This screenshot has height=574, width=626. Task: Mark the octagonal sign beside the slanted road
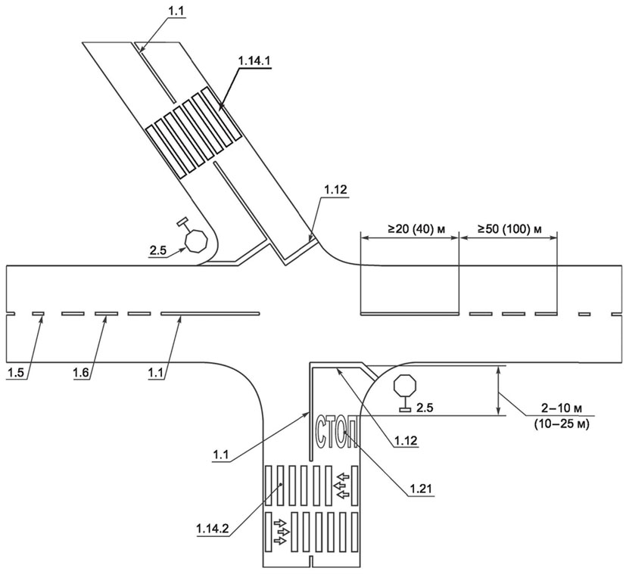(195, 241)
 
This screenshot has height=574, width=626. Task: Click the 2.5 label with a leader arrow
(160, 250)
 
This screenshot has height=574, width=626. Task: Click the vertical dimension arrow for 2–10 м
(500, 390)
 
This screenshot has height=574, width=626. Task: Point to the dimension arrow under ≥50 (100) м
(509, 238)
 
